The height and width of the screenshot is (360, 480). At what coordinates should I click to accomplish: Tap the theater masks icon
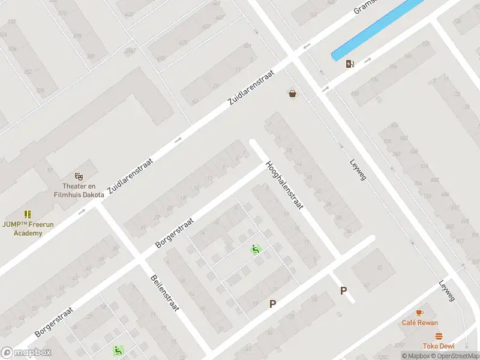[x=78, y=176]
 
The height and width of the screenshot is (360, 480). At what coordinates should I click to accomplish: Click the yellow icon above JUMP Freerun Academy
[x=28, y=214]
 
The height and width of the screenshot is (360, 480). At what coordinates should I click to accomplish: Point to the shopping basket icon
[x=292, y=94]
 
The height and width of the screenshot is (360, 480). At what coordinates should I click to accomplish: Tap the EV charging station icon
[x=350, y=64]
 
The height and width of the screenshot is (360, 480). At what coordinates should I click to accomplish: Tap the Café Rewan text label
[x=419, y=323]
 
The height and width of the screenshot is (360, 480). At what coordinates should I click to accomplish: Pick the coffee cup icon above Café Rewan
[x=419, y=313]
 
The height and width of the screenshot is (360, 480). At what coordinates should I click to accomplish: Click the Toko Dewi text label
[x=439, y=346]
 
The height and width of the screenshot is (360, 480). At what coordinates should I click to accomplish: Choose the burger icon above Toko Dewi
[x=439, y=336]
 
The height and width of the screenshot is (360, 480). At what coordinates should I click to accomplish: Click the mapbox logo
[x=26, y=353]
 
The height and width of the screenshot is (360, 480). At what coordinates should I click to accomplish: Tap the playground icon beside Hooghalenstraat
[x=255, y=250]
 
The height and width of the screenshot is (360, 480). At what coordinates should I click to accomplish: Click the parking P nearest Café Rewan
[x=343, y=291]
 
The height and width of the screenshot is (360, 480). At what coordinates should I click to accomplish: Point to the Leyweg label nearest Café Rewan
[x=447, y=291]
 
